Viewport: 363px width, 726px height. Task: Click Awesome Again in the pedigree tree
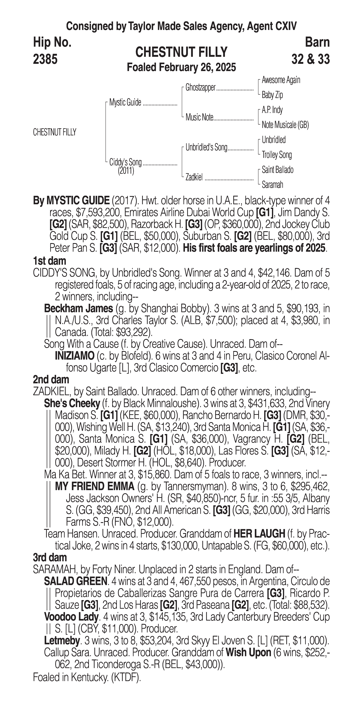coord(281,80)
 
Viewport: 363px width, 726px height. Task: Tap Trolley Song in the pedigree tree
coord(277,155)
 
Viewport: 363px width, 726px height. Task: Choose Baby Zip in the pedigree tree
coord(272,95)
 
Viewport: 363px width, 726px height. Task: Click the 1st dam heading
coord(49,261)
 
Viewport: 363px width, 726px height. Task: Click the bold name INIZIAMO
coord(75,356)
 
